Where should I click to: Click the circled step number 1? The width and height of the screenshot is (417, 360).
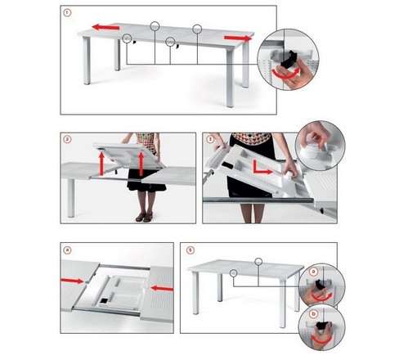[x=67, y=12]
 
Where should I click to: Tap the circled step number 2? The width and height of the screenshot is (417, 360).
[x=67, y=139]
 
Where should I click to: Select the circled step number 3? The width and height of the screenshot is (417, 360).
[x=210, y=139]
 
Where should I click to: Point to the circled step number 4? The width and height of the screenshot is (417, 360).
[x=67, y=250]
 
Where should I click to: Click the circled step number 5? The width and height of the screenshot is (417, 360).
[x=191, y=250]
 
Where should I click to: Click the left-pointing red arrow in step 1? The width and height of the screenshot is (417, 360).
[x=105, y=27]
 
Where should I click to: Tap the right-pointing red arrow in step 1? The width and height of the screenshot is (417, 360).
[x=237, y=38]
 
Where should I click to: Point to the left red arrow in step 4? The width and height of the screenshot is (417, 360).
[x=73, y=281]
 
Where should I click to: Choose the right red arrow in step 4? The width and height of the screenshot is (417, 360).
[x=162, y=288]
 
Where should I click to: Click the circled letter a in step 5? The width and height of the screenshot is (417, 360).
[x=314, y=272]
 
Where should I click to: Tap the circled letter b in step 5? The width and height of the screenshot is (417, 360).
[x=314, y=314]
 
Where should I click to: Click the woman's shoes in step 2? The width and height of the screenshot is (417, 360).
[x=144, y=217]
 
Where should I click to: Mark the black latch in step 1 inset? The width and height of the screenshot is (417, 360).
[x=289, y=59]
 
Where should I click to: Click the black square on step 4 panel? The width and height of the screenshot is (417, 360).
[x=104, y=300]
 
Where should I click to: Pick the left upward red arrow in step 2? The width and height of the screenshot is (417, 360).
[x=101, y=164]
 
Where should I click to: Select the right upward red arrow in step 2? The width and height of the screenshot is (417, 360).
[x=141, y=164]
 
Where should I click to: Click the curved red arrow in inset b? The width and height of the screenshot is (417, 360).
[x=322, y=340]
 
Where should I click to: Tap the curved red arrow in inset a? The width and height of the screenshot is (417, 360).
[x=323, y=298]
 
